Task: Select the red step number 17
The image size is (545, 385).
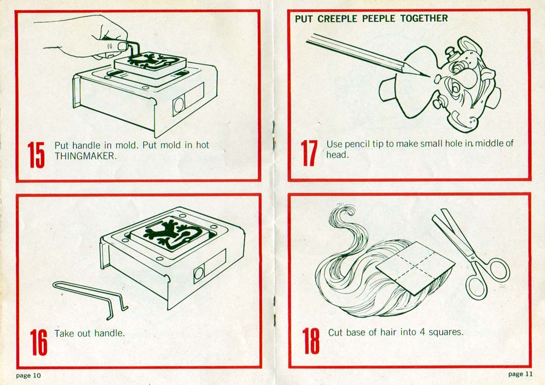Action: click(x=308, y=153)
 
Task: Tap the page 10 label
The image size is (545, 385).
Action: click(x=28, y=375)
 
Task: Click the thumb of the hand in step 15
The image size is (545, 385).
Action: click(x=118, y=46)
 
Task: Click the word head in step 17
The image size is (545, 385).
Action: click(x=337, y=154)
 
